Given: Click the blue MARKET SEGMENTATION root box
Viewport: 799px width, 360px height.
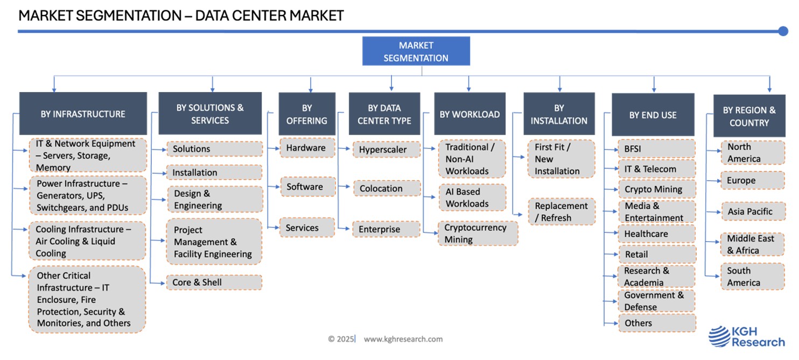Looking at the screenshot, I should tap(416, 52).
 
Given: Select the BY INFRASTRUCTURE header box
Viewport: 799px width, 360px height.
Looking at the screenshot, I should tap(83, 114).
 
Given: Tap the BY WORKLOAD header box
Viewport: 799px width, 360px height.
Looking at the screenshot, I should tap(469, 114).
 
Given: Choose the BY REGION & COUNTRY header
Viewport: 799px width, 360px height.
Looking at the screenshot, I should tap(749, 116).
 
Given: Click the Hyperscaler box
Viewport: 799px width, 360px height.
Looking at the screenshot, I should tap(387, 150).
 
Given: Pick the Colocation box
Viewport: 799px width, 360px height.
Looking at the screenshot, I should tap(387, 188).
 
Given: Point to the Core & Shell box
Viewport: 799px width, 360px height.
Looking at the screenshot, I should tap(214, 282).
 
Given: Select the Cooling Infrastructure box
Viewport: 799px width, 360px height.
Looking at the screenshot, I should tap(87, 241).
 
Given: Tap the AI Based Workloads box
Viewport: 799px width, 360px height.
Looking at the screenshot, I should tap(472, 197).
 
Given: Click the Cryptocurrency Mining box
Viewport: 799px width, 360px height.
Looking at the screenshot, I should tap(478, 233).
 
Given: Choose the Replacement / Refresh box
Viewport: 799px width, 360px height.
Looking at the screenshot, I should tap(561, 211).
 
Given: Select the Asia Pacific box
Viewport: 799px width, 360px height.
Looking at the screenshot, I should tap(752, 211).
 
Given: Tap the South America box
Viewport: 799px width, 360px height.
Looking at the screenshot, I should tap(752, 277).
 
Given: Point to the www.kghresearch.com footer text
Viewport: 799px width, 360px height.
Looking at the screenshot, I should tap(403, 339).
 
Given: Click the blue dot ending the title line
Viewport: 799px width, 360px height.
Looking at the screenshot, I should tap(783, 31).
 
